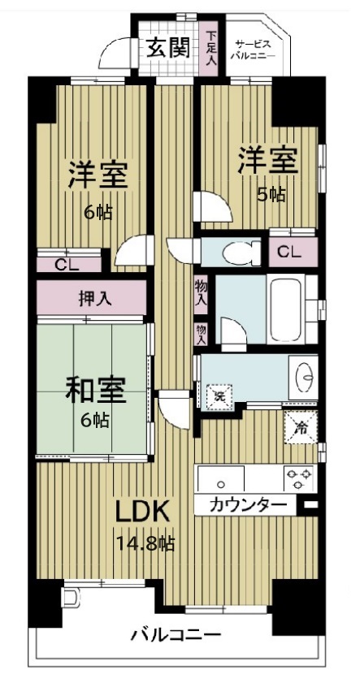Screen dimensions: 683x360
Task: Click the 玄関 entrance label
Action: tap(168, 48)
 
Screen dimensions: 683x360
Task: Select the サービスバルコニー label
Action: tap(255, 49)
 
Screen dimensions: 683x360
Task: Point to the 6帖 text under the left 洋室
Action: tap(98, 213)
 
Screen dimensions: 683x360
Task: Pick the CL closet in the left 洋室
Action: tap(69, 263)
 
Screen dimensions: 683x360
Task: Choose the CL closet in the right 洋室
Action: tap(288, 252)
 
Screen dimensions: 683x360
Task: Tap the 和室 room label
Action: tap(96, 390)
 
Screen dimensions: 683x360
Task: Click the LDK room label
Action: tap(141, 512)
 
